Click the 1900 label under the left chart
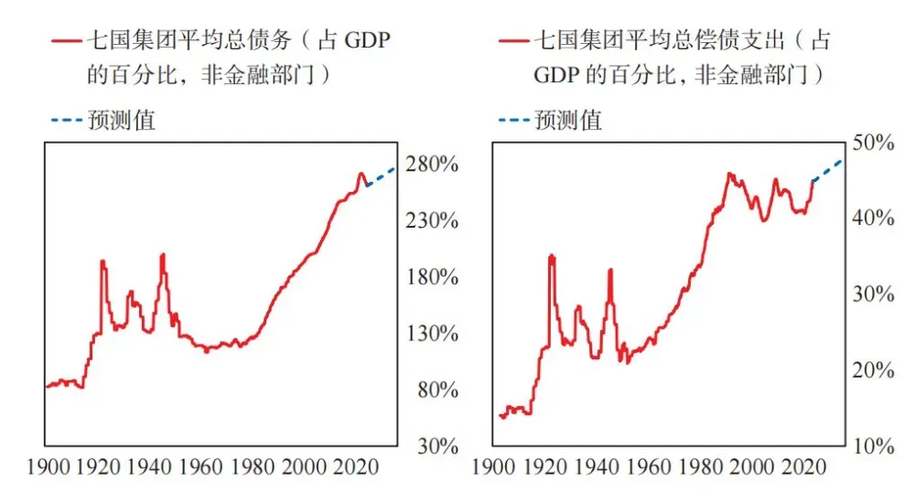(70, 466)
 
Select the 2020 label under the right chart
(803, 466)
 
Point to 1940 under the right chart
(597, 466)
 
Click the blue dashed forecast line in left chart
(380, 177)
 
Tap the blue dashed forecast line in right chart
(827, 171)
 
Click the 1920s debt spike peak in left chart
(102, 262)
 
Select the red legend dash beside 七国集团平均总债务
(66, 41)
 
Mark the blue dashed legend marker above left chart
(66, 120)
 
